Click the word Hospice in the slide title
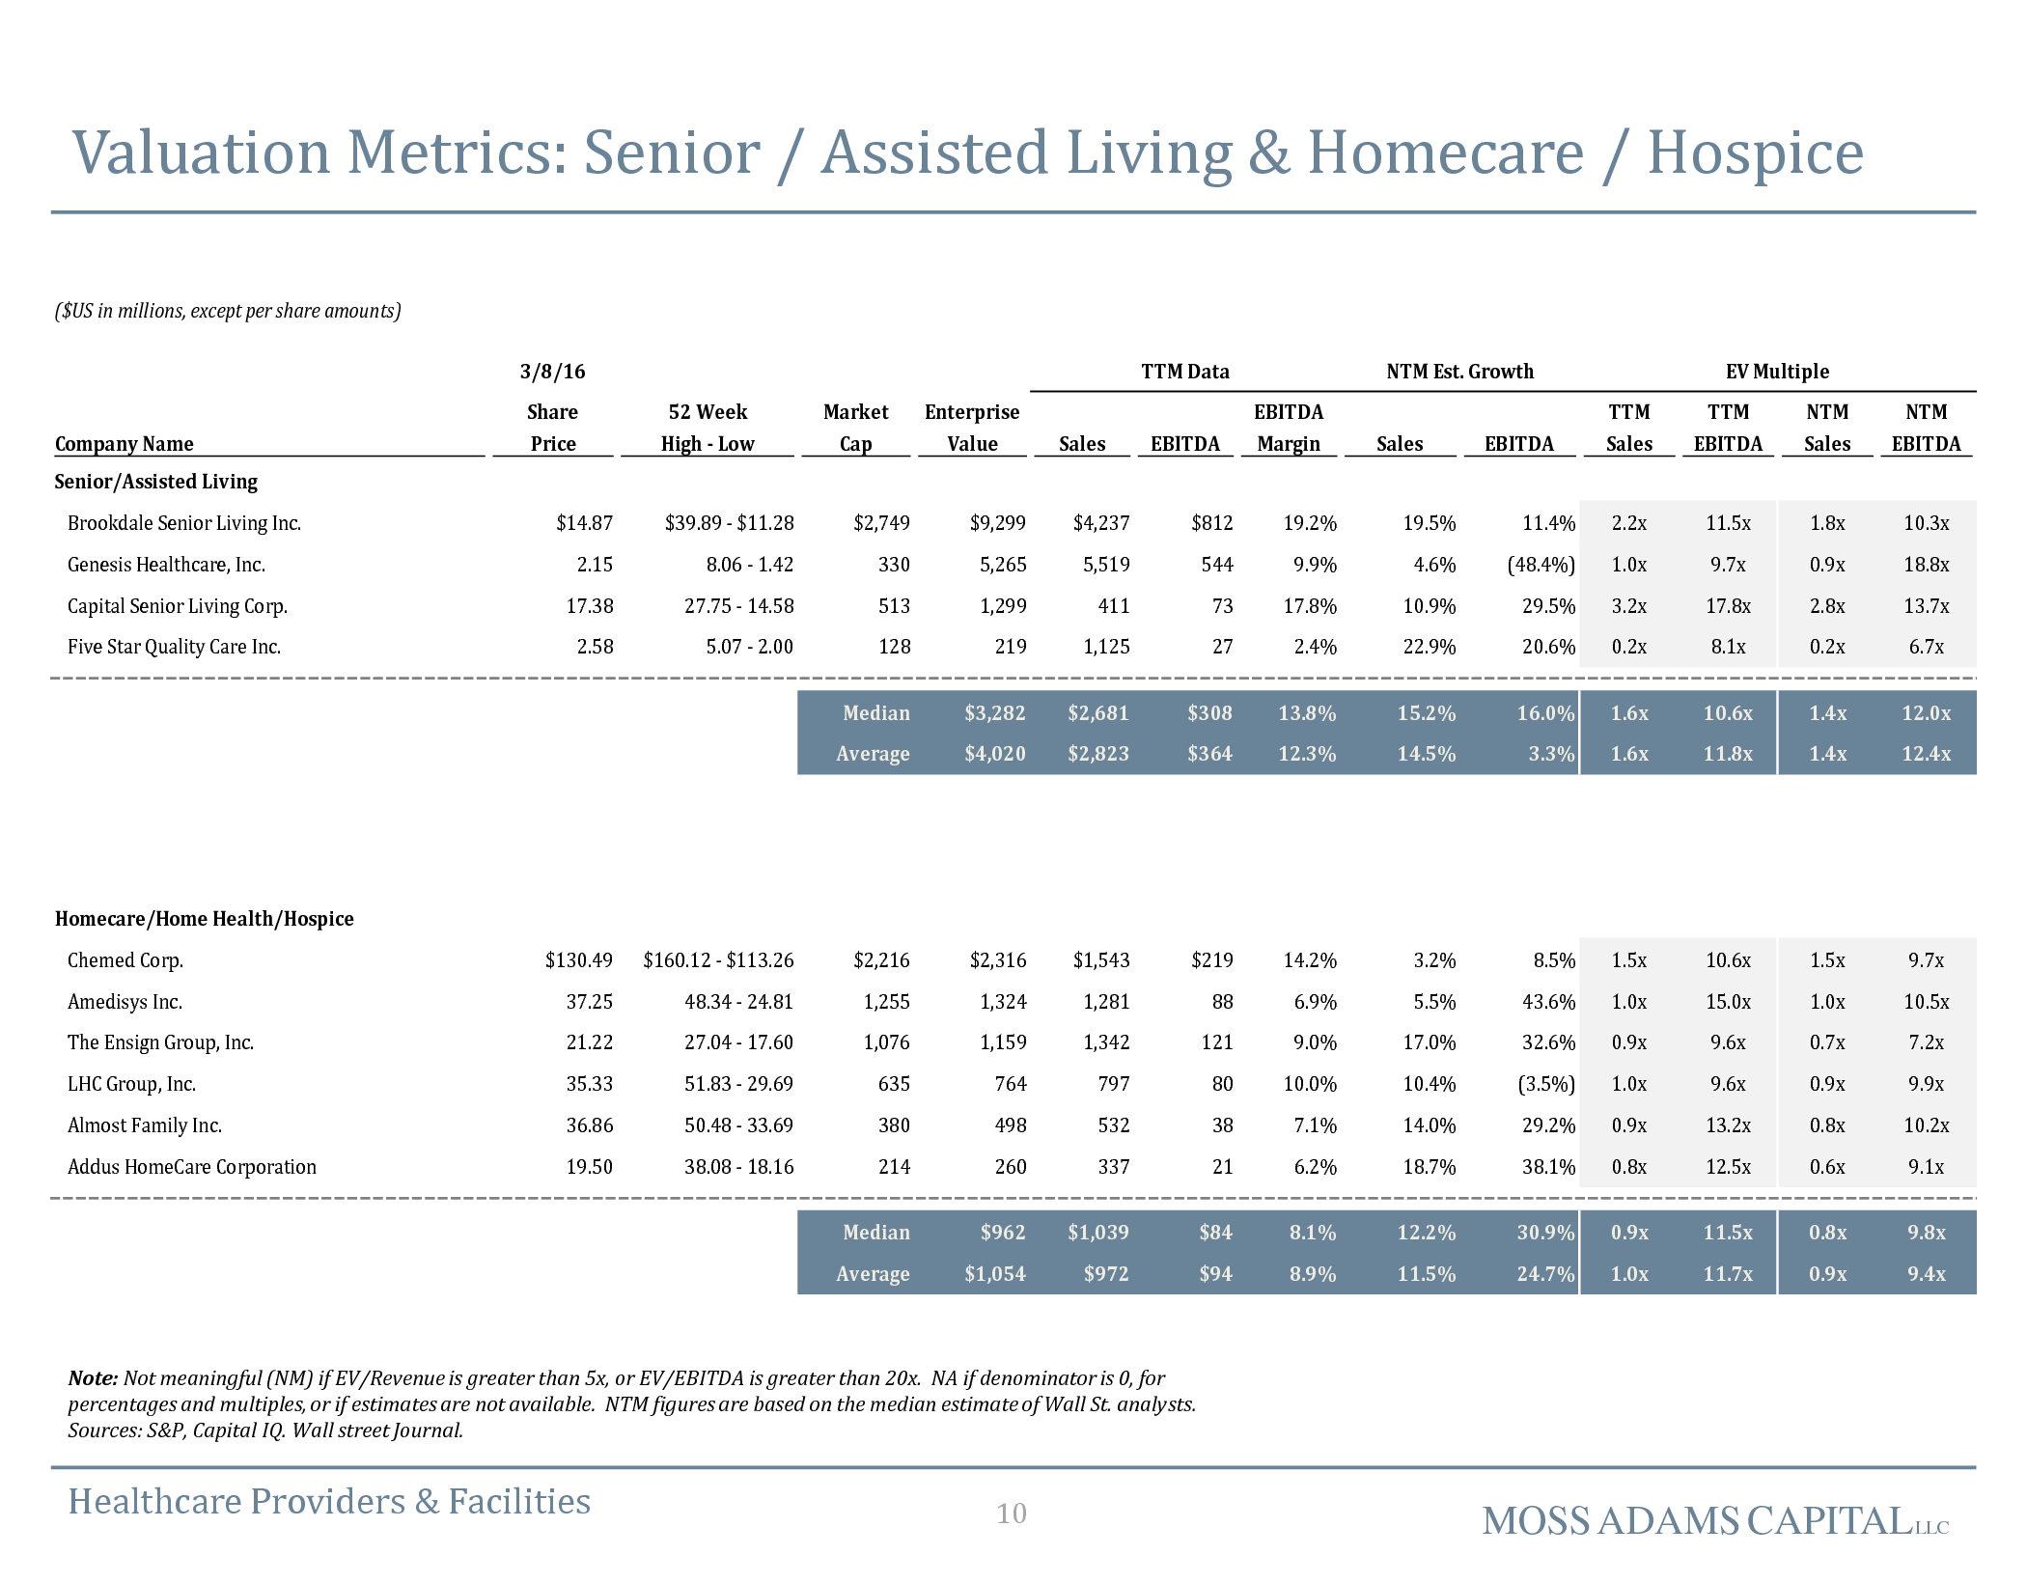coord(1755,154)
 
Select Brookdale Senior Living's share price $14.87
coord(584,523)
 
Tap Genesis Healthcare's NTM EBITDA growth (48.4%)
coord(1541,565)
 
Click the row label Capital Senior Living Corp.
coord(178,606)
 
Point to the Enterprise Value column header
coord(972,428)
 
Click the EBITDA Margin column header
coord(1289,428)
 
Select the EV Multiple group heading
coord(1777,372)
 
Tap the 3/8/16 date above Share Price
coord(552,372)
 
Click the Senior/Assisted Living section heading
coord(156,482)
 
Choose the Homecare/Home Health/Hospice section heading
coord(205,919)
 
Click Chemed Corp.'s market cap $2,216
coord(881,960)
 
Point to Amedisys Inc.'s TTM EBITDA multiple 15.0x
coord(1728,1002)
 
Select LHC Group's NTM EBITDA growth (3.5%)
coord(1546,1084)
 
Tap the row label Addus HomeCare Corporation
coord(192,1167)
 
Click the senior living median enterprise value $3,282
coord(995,713)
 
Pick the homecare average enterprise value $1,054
coord(995,1274)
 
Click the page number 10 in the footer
coord(1012,1514)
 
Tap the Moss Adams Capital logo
coord(1715,1521)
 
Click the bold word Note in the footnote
coord(93,1378)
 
